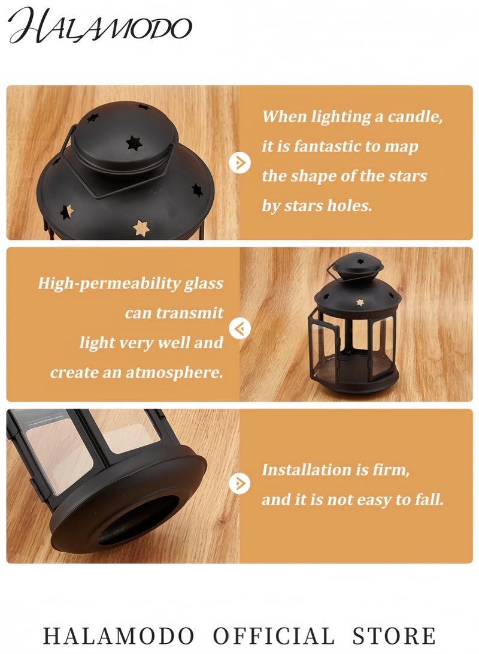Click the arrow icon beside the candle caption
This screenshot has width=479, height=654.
[240, 162]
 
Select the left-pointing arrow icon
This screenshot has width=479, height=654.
[240, 328]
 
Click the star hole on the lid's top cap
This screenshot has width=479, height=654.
[134, 143]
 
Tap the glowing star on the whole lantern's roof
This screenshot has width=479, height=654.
[359, 302]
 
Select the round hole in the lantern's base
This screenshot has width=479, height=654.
[138, 520]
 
